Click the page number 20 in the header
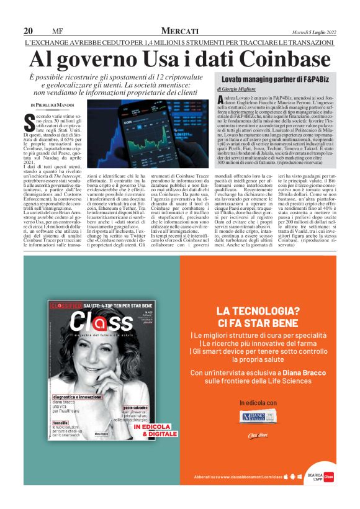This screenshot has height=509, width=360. [28, 31]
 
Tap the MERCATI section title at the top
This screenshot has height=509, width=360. [179, 31]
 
